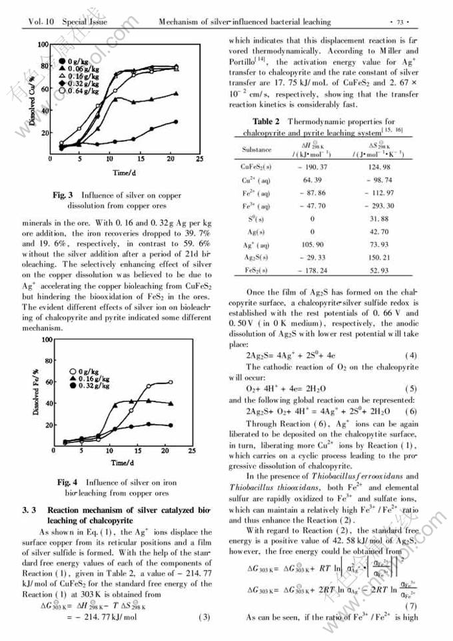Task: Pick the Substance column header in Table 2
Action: pyautogui.click(x=256, y=151)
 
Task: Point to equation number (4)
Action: pyautogui.click(x=410, y=354)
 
